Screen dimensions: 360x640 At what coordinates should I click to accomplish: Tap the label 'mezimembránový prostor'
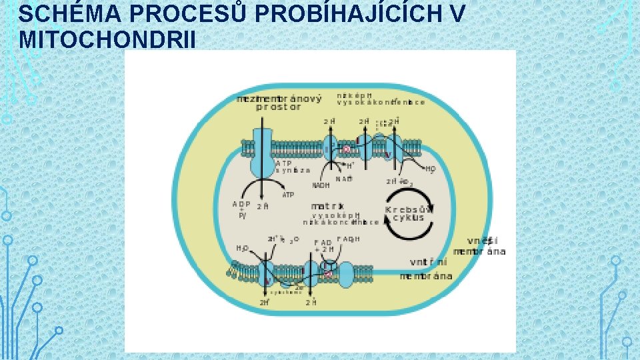coord(279,103)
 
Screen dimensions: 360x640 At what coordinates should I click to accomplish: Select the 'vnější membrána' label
coord(480,246)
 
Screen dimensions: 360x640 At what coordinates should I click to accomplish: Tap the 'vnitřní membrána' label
coord(426,270)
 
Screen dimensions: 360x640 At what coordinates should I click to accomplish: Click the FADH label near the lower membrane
coord(349,239)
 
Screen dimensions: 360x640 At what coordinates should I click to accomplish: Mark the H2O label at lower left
coord(242,248)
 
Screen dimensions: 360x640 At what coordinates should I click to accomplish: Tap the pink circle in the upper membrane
coord(346,149)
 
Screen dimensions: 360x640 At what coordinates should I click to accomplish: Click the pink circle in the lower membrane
coord(328,273)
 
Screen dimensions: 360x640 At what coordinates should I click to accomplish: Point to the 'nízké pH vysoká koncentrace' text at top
coord(380,99)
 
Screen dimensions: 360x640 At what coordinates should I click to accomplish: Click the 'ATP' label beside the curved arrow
coord(288,195)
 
